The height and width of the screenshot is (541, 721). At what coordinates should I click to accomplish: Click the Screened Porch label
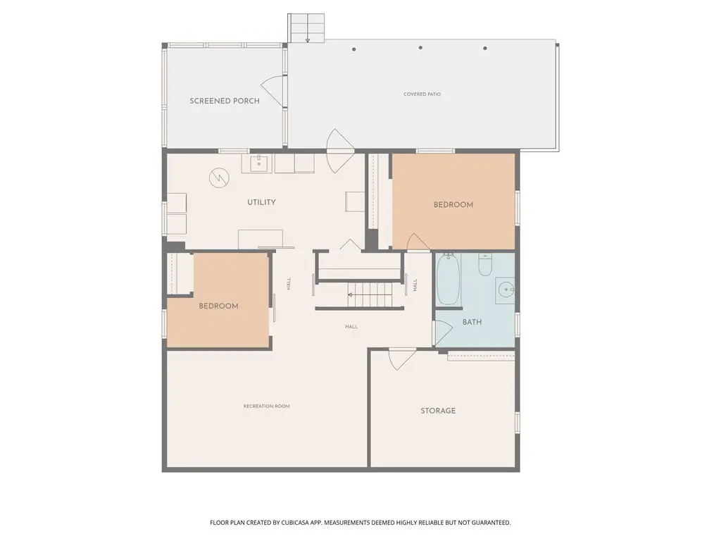(x=225, y=101)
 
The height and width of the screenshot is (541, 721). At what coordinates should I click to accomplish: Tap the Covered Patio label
(x=422, y=94)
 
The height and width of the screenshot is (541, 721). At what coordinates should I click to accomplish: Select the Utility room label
(x=262, y=202)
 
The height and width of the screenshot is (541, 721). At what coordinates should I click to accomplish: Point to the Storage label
(x=438, y=411)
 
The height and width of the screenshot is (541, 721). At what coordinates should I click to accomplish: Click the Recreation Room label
(x=267, y=406)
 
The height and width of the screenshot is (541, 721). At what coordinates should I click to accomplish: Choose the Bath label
(x=472, y=322)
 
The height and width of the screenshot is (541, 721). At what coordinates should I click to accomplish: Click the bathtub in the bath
(x=449, y=279)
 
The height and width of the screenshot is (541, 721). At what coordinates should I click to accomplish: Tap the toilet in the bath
(x=485, y=265)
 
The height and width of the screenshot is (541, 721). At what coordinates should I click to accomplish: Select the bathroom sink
(x=505, y=290)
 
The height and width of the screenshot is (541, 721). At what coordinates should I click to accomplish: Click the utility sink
(x=259, y=163)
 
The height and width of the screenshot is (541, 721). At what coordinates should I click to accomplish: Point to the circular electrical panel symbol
(x=220, y=178)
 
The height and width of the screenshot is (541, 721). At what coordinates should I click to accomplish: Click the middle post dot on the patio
(x=420, y=47)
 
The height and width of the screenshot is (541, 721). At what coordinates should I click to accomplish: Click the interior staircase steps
(x=370, y=295)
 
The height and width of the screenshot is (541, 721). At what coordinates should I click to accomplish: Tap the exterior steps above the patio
(x=306, y=28)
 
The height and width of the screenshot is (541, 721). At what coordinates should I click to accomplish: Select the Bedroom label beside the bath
(x=453, y=204)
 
